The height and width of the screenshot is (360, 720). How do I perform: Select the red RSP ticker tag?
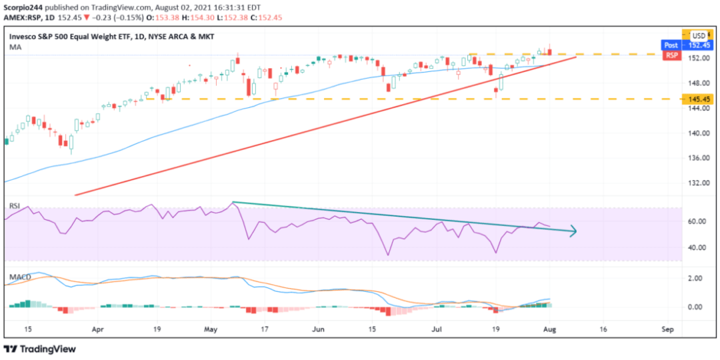point(671,55)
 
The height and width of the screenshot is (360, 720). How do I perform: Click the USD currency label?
point(698,35)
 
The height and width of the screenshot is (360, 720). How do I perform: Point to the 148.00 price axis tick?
point(695,83)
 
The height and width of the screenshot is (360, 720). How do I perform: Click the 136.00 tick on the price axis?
point(695,158)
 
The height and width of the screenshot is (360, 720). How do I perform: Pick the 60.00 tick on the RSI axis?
point(694,221)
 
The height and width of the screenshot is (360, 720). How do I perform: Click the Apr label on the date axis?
point(98,329)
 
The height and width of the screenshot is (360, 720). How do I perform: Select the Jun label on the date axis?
point(318,329)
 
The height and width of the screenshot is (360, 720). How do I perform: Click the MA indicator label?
point(14,48)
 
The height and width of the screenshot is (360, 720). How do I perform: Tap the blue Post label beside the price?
point(671,45)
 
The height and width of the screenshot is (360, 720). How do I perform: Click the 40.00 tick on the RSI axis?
point(694,247)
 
